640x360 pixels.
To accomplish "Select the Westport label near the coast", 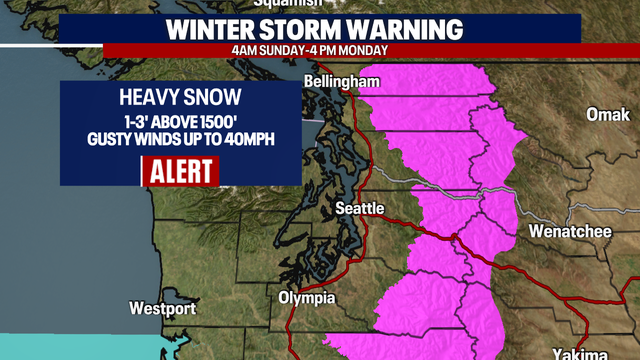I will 163,307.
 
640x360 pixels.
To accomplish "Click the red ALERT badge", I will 181,171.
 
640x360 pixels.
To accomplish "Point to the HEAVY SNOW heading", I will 181,98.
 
